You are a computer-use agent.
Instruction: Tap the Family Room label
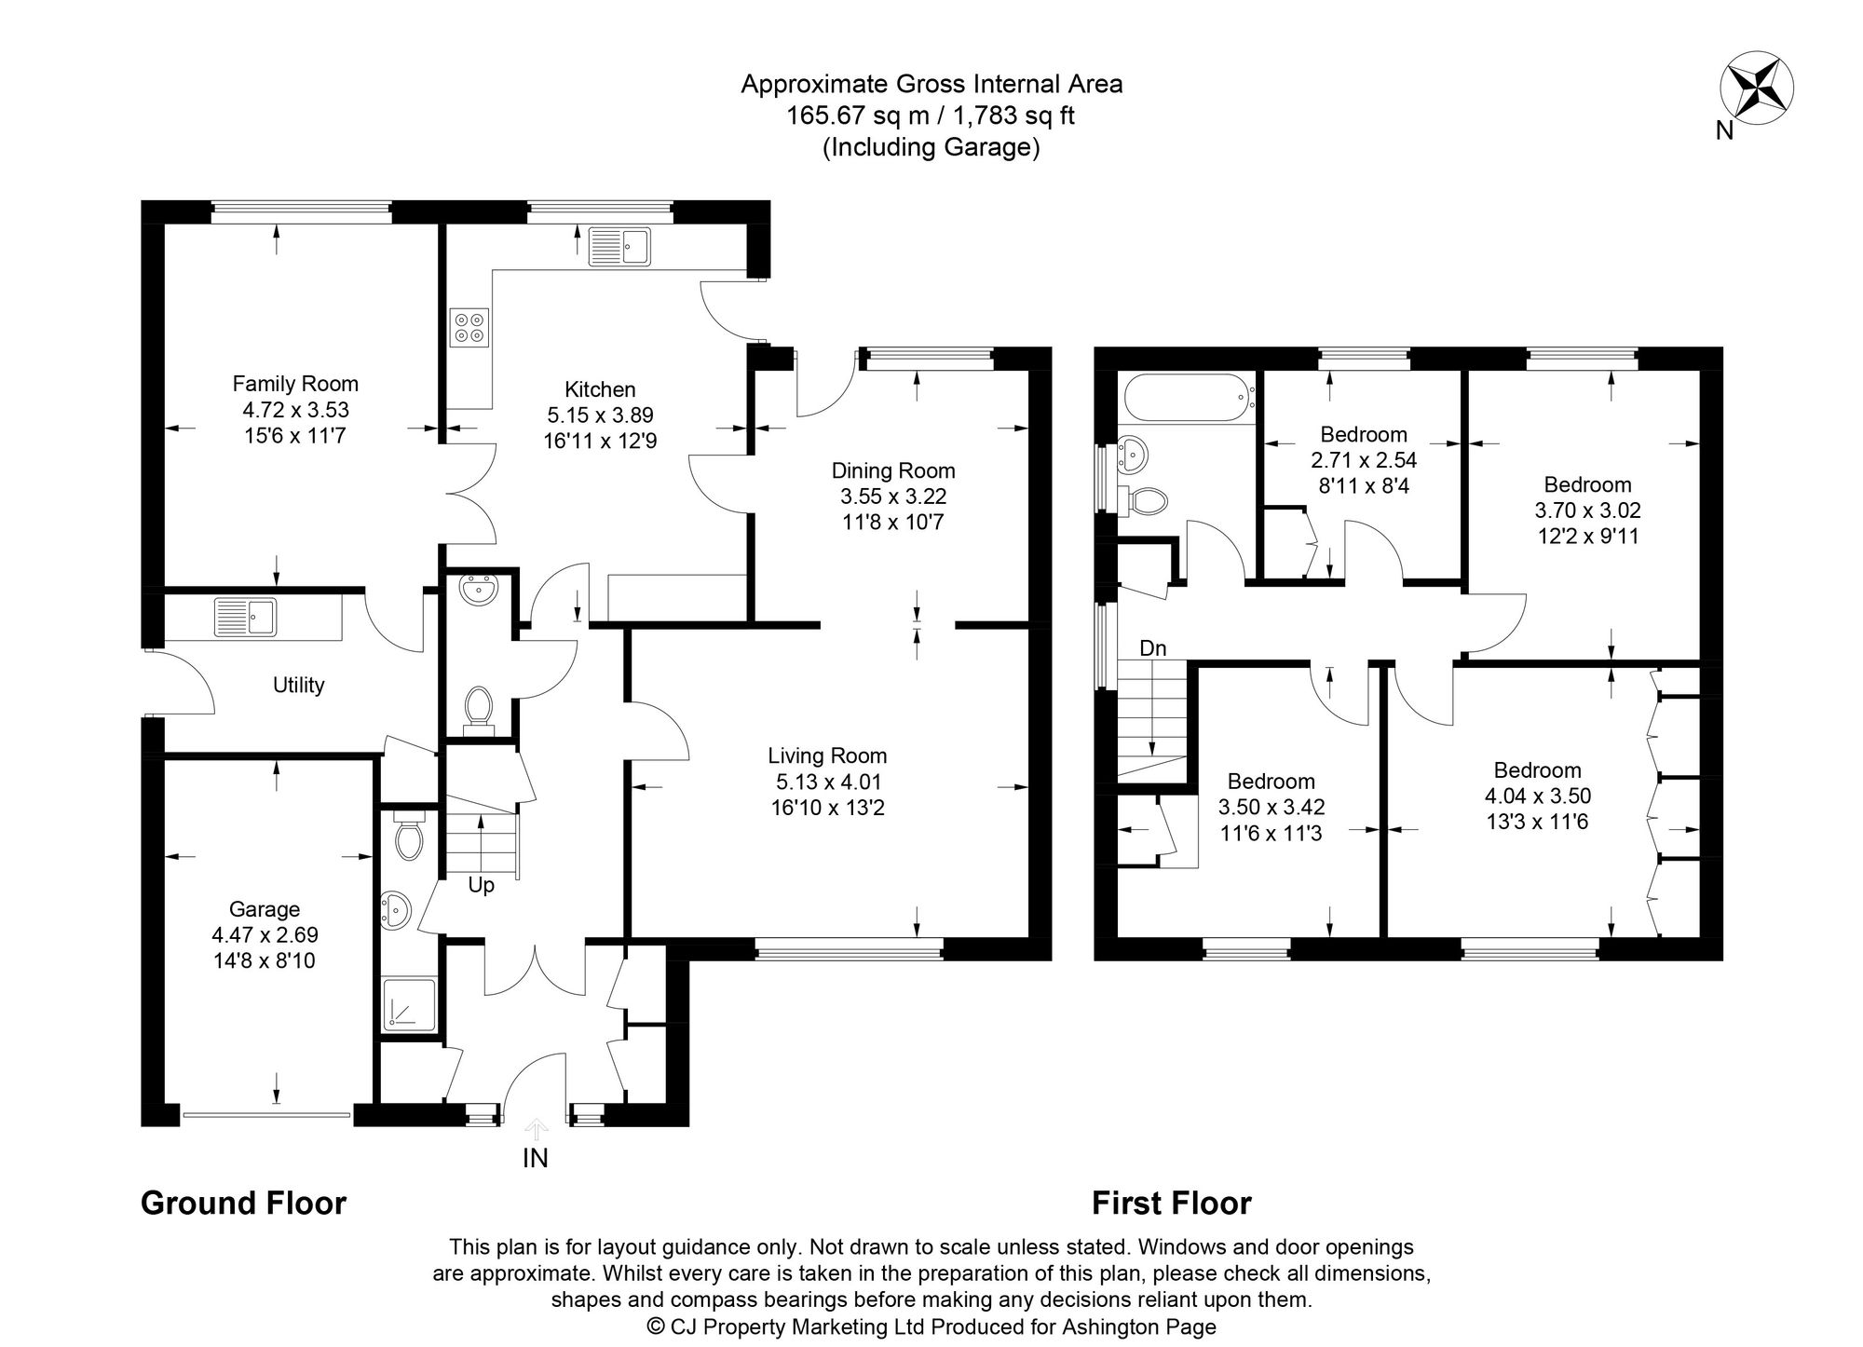pyautogui.click(x=295, y=383)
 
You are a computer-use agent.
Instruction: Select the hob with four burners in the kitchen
pyautogui.click(x=469, y=328)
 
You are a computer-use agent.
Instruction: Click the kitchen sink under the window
pyautogui.click(x=620, y=247)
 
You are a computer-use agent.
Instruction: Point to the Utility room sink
pyautogui.click(x=245, y=617)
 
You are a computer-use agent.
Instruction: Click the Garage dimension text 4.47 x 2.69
pyautogui.click(x=265, y=934)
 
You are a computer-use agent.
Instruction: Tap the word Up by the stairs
pyautogui.click(x=481, y=885)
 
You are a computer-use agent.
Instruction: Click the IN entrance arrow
pyautogui.click(x=536, y=1131)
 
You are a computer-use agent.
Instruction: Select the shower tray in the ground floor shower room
pyautogui.click(x=408, y=1005)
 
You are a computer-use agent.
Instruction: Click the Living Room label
pyautogui.click(x=827, y=755)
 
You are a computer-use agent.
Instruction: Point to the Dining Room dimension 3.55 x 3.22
pyautogui.click(x=893, y=497)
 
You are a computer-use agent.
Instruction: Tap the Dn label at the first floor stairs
pyautogui.click(x=1152, y=648)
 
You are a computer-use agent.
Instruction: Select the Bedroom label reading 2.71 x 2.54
pyautogui.click(x=1364, y=460)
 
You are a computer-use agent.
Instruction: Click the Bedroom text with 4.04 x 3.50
pyautogui.click(x=1537, y=796)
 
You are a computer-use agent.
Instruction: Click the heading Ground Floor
pyautogui.click(x=243, y=1203)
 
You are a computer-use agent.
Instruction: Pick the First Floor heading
pyautogui.click(x=1171, y=1203)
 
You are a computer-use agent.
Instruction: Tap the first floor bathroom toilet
pyautogui.click(x=1145, y=500)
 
